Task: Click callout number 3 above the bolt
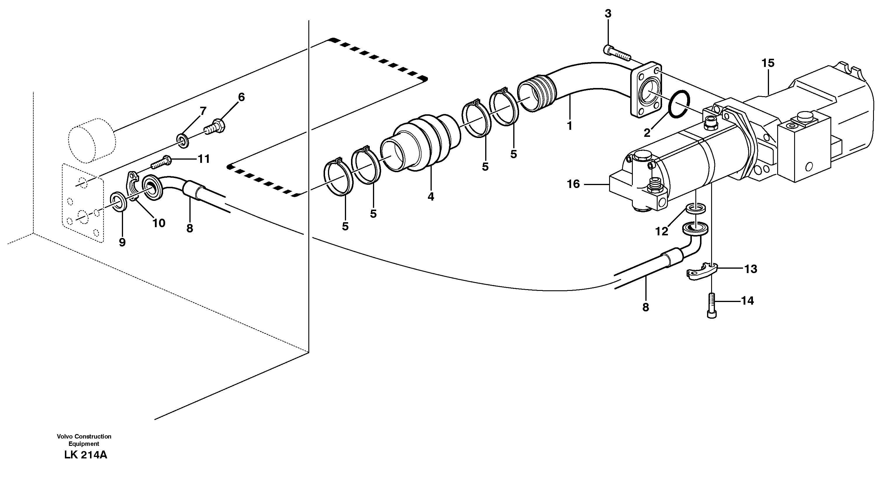[x=608, y=14]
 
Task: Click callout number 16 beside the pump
[x=573, y=184]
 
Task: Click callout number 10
[x=159, y=223]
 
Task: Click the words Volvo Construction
[x=84, y=436]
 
